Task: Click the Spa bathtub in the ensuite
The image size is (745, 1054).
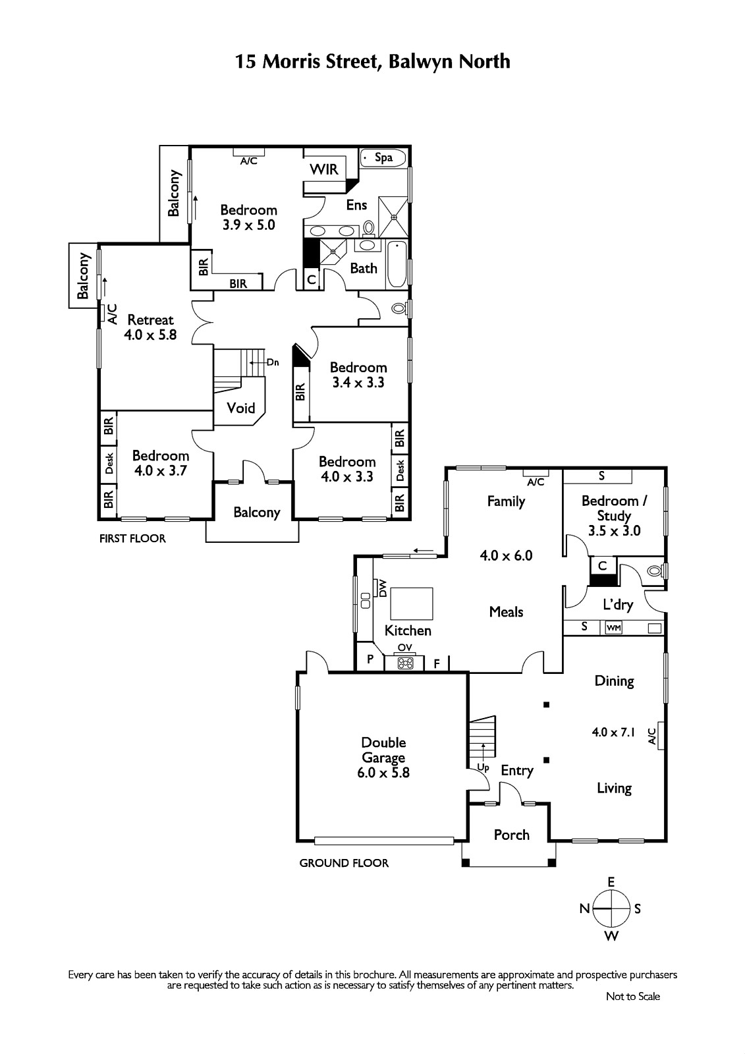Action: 383,157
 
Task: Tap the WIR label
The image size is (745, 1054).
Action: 324,169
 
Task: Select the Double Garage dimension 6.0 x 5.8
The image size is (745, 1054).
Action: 383,773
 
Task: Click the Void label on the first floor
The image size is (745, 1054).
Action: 241,408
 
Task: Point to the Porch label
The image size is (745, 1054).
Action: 512,835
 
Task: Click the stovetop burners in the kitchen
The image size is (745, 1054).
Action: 405,663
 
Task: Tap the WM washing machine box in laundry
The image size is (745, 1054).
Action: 613,628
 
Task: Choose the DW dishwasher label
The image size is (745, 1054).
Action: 382,588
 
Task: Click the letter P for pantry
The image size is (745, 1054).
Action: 370,659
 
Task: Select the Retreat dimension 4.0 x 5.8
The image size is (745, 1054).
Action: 150,335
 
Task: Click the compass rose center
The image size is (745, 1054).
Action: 611,908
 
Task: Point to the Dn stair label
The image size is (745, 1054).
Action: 273,362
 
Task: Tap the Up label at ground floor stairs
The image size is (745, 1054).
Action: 483,767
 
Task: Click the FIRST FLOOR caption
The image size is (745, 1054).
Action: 132,539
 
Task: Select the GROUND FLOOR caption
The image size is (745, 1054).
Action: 344,864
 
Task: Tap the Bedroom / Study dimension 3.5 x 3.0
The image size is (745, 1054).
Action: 614,531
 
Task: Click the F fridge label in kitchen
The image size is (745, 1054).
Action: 437,664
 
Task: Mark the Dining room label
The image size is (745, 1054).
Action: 614,681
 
